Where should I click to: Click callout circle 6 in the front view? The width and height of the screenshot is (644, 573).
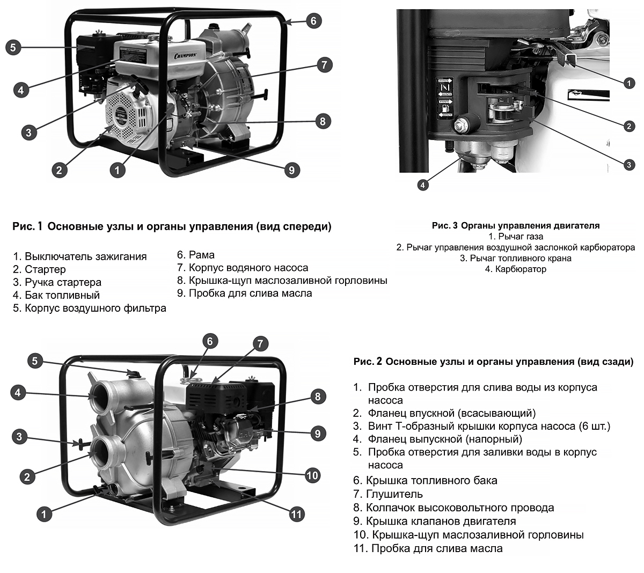tap(313, 21)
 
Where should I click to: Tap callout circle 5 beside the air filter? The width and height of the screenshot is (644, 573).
tap(13, 47)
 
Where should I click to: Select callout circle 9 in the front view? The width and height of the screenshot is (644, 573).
tap(291, 170)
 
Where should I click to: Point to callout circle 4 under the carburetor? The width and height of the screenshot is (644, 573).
tap(423, 185)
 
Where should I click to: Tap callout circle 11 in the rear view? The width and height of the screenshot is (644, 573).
tap(296, 514)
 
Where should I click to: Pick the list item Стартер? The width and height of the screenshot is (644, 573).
tap(45, 269)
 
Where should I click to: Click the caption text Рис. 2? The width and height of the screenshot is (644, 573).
tap(368, 362)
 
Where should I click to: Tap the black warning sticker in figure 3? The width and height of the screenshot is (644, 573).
tap(445, 98)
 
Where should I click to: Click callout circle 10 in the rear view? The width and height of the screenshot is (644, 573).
tap(312, 475)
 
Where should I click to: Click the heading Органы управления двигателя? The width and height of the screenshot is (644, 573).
tap(530, 226)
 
